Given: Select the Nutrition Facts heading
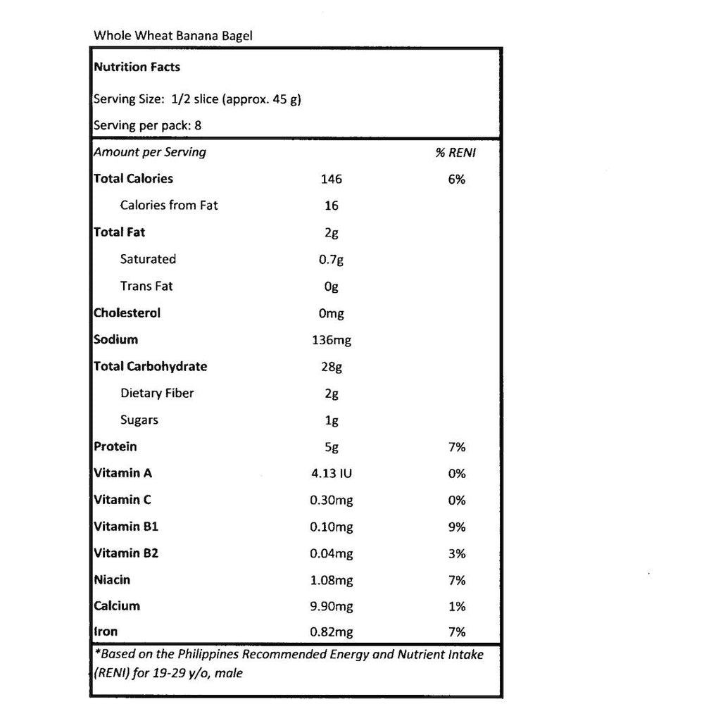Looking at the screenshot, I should click(137, 68).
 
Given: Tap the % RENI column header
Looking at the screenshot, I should click(455, 152).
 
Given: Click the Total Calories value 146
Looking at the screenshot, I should click(331, 179).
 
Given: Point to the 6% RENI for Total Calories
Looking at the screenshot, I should click(456, 179).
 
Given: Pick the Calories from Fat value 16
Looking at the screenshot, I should click(332, 206).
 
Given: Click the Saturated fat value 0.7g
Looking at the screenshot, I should click(332, 259).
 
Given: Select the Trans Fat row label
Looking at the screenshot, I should click(146, 286).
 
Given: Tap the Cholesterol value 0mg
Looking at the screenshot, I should click(332, 313).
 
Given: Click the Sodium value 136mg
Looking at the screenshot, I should click(332, 340).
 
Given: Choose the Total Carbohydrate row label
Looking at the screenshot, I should click(150, 366).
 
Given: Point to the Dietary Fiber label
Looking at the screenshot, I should click(157, 393).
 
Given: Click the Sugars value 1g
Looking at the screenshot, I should click(332, 420).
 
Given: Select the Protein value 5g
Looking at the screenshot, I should click(332, 447).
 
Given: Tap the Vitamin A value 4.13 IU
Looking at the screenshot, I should click(332, 474).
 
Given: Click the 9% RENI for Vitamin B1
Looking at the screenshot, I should click(457, 527).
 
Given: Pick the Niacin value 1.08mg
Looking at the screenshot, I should click(332, 580).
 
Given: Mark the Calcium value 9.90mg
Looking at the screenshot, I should click(332, 606).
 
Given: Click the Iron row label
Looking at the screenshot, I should click(106, 632).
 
